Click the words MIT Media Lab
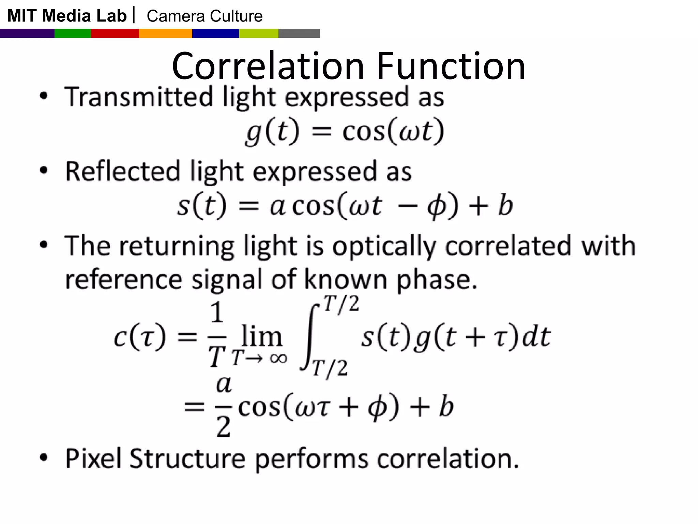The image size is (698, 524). tap(67, 16)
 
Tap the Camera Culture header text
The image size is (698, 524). tap(204, 16)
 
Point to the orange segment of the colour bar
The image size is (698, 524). tap(166, 33)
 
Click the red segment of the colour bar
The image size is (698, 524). tap(115, 33)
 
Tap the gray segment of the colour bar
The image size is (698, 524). tap(299, 33)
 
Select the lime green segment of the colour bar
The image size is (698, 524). tap(259, 33)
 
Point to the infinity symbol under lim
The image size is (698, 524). tap(278, 358)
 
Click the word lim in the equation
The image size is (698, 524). tap(261, 336)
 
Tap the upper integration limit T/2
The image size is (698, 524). tap(341, 304)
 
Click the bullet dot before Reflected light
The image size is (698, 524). tap(44, 170)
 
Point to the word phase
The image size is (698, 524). tap(437, 280)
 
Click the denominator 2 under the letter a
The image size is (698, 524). tap(223, 427)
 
